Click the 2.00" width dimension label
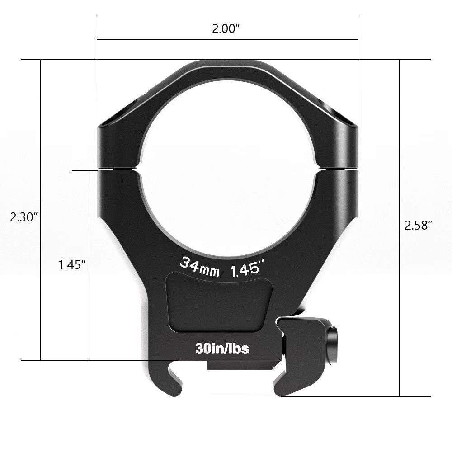pyautogui.click(x=226, y=29)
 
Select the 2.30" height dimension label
pyautogui.click(x=23, y=217)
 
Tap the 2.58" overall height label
pyautogui.click(x=419, y=226)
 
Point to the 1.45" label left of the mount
pyautogui.click(x=72, y=264)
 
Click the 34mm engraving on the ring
pyautogui.click(x=199, y=266)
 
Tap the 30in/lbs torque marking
pyautogui.click(x=222, y=348)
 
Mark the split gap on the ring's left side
pyautogui.click(x=117, y=169)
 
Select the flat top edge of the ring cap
pyautogui.click(x=227, y=63)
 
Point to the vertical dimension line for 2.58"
pyautogui.click(x=400, y=294)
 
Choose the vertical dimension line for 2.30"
pyautogui.click(x=41, y=294)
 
